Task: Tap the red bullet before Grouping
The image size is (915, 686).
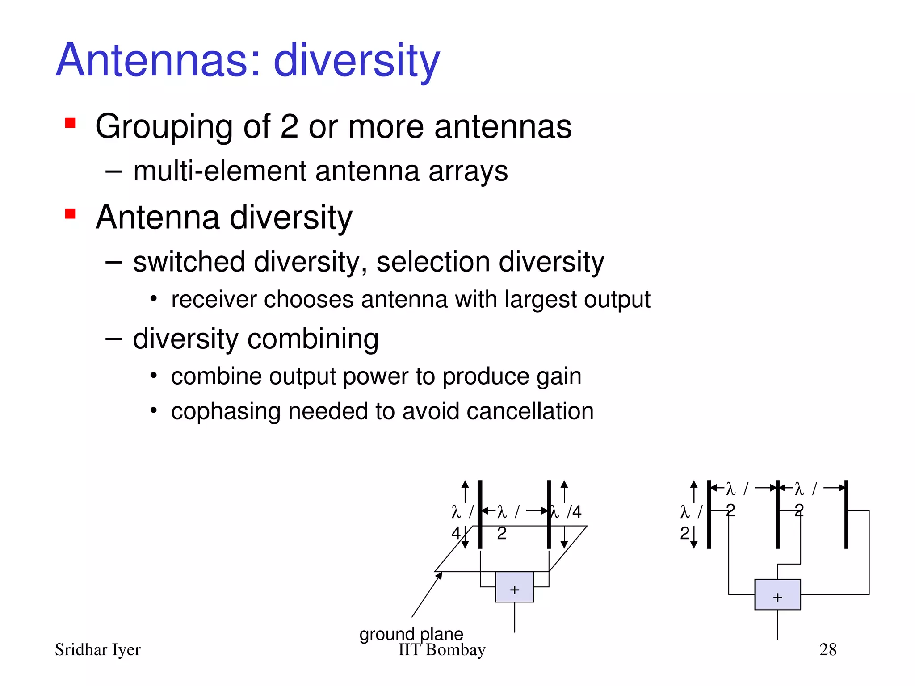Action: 70,123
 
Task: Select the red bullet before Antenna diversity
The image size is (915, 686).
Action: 70,213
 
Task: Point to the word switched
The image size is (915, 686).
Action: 189,262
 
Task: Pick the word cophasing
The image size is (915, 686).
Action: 225,412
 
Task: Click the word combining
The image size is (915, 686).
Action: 313,339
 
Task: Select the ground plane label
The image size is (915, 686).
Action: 411,634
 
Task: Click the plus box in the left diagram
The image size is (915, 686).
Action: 514,587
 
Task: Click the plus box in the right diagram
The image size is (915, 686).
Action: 777,594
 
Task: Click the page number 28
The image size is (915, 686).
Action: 828,649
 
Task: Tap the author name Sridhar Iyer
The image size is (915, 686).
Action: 97,650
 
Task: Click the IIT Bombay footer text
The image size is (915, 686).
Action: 441,650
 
